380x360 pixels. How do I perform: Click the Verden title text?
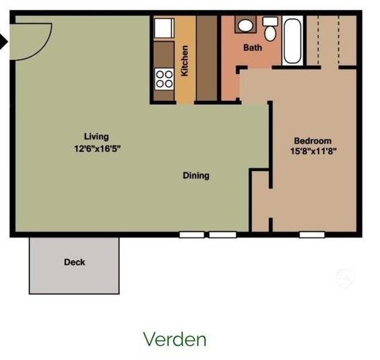coord(175,339)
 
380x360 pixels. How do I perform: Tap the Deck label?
coord(75,262)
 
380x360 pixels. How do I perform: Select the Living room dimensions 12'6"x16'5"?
coord(98,149)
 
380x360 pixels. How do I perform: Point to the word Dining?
coord(196,176)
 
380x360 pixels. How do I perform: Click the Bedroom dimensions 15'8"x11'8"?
coord(313,151)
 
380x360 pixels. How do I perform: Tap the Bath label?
coord(253,48)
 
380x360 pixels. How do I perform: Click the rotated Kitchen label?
coord(185,61)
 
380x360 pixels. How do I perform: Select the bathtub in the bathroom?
coord(292,41)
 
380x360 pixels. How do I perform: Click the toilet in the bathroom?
coord(270,29)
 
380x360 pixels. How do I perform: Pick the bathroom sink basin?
coord(245,26)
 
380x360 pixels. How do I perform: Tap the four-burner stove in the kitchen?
coord(164,79)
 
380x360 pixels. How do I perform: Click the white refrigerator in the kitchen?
coord(164,28)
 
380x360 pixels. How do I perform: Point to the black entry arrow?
coord(3,42)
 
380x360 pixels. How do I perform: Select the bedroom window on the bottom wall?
coord(312,235)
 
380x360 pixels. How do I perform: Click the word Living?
coord(96,137)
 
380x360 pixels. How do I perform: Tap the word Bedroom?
coord(313,141)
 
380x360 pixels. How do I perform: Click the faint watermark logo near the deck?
coord(345,278)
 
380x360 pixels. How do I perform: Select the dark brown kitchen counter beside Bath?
coord(206,58)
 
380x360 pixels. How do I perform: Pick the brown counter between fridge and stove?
coord(164,55)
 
